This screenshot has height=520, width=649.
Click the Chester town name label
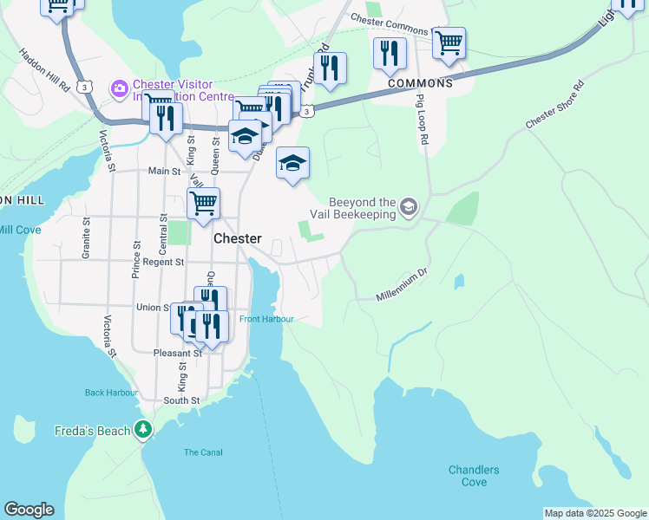tap(237, 238)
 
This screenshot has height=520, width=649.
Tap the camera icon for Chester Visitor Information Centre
tap(118, 88)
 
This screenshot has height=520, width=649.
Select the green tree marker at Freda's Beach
tap(143, 430)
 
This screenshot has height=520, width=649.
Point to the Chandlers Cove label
tap(474, 476)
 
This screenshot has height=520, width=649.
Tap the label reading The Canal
tap(203, 452)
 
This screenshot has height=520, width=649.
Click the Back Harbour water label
tap(111, 393)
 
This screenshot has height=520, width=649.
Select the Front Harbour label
tap(266, 319)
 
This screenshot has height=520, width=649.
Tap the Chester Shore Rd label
tap(554, 107)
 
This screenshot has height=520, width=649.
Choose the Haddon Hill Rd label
tap(44, 69)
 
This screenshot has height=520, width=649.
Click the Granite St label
tap(86, 234)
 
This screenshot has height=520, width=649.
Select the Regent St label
tap(164, 262)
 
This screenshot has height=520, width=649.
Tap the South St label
tap(181, 400)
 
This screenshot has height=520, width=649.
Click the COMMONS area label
tap(420, 83)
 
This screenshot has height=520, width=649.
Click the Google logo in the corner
tap(29, 510)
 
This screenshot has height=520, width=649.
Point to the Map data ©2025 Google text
tap(594, 513)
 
